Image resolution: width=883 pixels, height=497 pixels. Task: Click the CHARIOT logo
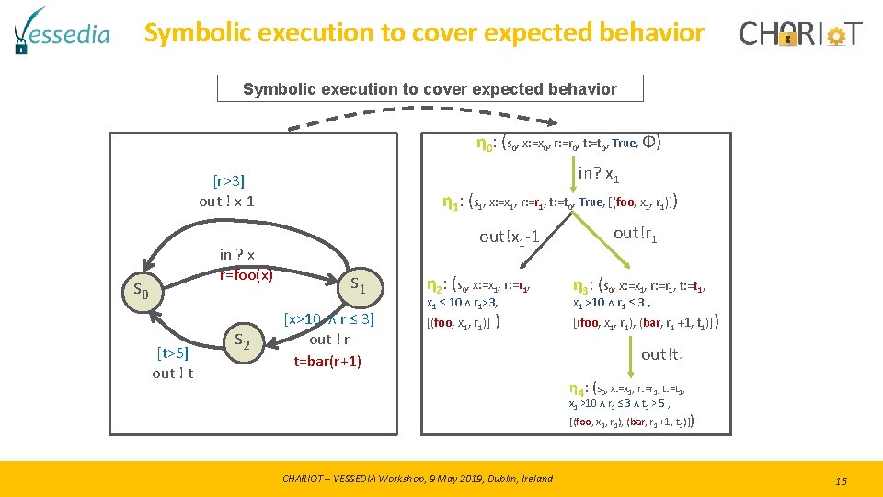801,35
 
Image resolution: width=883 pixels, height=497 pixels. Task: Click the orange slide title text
424,34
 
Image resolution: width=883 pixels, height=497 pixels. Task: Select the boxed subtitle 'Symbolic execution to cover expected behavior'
430,89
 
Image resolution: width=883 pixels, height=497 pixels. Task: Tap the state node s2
243,340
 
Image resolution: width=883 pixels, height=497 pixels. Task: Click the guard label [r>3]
228,180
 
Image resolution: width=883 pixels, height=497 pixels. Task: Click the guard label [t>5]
172,353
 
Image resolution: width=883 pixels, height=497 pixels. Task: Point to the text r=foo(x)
246,273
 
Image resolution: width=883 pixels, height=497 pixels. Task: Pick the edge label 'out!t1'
663,355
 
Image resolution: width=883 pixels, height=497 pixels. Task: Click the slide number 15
840,480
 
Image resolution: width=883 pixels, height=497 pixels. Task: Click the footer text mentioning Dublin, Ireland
418,478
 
